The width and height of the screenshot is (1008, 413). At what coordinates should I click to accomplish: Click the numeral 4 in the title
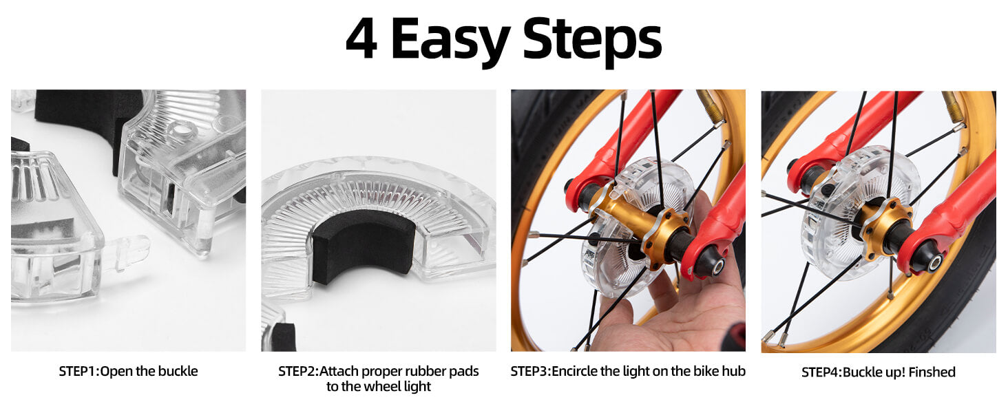click(361, 40)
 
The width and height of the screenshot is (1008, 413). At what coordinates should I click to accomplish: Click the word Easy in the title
click(450, 41)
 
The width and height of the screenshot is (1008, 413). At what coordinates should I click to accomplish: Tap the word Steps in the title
click(592, 41)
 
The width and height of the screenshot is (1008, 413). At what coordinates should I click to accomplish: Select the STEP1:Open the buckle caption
click(128, 372)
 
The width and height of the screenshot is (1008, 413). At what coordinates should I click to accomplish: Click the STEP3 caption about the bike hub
click(627, 372)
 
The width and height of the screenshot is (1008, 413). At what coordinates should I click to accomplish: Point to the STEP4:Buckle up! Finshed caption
click(878, 372)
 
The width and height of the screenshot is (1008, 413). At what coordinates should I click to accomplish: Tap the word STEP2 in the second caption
click(297, 372)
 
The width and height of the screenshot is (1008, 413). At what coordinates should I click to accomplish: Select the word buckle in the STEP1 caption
click(179, 372)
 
